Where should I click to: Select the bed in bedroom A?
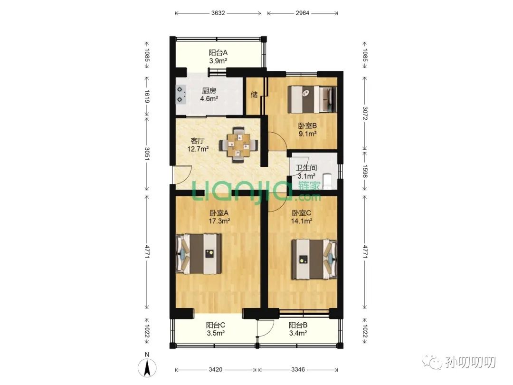[x=199, y=254]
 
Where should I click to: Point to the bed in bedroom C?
[x=314, y=260]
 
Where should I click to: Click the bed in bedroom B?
[x=312, y=99]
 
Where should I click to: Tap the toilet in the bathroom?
[x=327, y=182]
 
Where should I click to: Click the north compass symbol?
[x=147, y=367]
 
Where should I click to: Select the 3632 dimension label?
[x=218, y=13]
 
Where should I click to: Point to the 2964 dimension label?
[x=302, y=13]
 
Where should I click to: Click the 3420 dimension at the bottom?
[x=215, y=370]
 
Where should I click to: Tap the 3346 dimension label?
[x=298, y=370]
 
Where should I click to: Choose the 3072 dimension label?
[x=365, y=113]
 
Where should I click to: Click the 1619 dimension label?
[x=147, y=96]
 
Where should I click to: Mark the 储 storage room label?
[x=254, y=95]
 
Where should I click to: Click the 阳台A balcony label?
[x=218, y=52]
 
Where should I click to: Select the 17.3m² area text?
[x=219, y=221]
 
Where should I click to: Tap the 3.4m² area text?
[x=298, y=333]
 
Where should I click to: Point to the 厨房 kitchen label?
[x=209, y=91]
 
